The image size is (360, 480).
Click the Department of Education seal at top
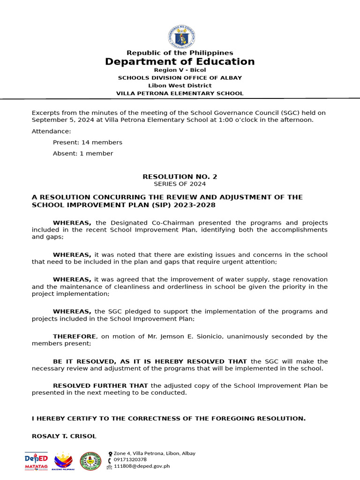pyautogui.click(x=180, y=37)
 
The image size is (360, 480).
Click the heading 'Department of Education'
pyautogui.click(x=180, y=62)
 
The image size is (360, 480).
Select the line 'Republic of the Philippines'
pyautogui.click(x=180, y=53)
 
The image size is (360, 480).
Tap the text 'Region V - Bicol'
pyautogui.click(x=180, y=70)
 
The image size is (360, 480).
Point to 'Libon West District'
pyautogui.click(x=180, y=86)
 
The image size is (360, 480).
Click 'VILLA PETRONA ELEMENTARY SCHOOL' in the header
pyautogui.click(x=180, y=94)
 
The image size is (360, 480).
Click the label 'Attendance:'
pyautogui.click(x=52, y=131)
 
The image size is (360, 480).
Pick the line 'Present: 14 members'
pyautogui.click(x=87, y=142)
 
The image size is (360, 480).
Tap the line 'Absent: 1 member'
pyautogui.click(x=82, y=154)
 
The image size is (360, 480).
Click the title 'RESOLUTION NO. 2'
pyautogui.click(x=180, y=177)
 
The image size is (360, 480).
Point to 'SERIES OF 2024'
pyautogui.click(x=180, y=184)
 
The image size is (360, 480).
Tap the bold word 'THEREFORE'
pyautogui.click(x=75, y=337)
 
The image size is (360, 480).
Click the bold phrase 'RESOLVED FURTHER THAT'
pyautogui.click(x=100, y=386)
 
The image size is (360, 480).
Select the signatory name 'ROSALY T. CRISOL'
pyautogui.click(x=64, y=436)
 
